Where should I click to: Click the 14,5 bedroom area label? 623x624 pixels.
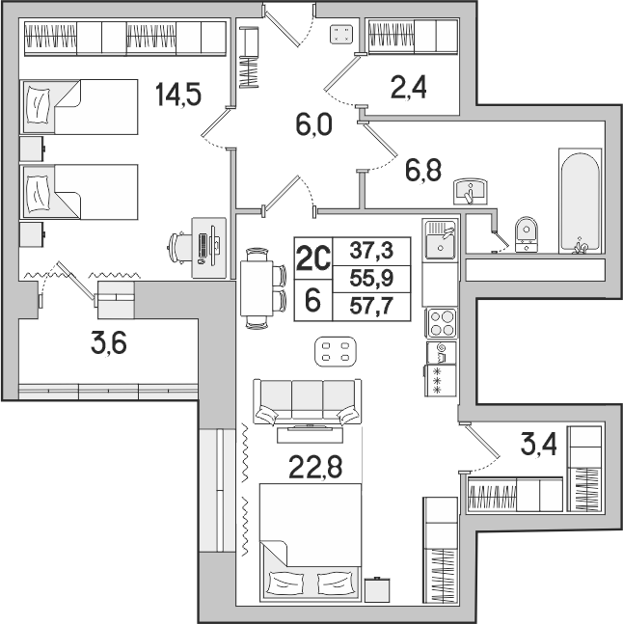(x=178, y=95)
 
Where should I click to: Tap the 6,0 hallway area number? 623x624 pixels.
(x=313, y=125)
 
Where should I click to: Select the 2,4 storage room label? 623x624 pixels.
(x=409, y=88)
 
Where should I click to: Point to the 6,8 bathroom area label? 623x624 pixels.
(x=423, y=170)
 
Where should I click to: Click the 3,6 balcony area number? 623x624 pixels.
(x=109, y=343)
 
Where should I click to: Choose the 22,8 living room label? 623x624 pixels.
(x=315, y=467)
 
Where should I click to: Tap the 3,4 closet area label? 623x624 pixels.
(x=539, y=446)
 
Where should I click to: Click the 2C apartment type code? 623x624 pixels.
(x=313, y=258)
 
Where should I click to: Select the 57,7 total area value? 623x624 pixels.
(x=371, y=307)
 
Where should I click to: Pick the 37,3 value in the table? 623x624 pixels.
(x=371, y=251)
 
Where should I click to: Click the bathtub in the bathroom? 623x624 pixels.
(x=580, y=201)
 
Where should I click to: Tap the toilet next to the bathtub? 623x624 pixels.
(x=527, y=234)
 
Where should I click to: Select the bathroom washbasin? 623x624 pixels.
(x=471, y=192)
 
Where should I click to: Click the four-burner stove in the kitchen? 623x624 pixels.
(x=442, y=323)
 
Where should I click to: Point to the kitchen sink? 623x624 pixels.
(x=441, y=240)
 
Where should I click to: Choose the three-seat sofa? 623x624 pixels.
(x=308, y=402)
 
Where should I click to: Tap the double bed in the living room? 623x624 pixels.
(x=311, y=543)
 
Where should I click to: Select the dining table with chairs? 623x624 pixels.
(x=263, y=288)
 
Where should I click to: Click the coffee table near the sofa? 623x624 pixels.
(x=336, y=352)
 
